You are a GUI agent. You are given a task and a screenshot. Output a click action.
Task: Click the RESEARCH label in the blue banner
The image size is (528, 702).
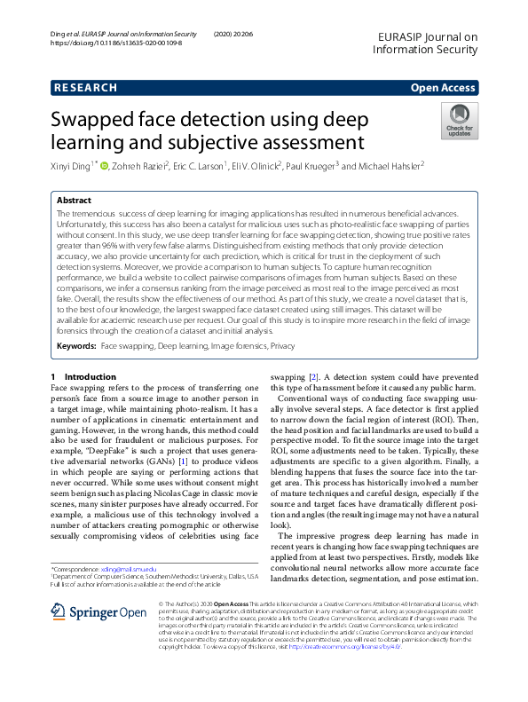click(85, 88)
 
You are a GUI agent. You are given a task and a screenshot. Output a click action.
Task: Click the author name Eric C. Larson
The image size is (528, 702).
click(199, 166)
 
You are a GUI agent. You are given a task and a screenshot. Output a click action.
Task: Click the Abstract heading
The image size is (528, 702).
click(74, 201)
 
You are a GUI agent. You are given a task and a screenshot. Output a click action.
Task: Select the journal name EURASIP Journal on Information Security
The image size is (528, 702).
click(425, 43)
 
